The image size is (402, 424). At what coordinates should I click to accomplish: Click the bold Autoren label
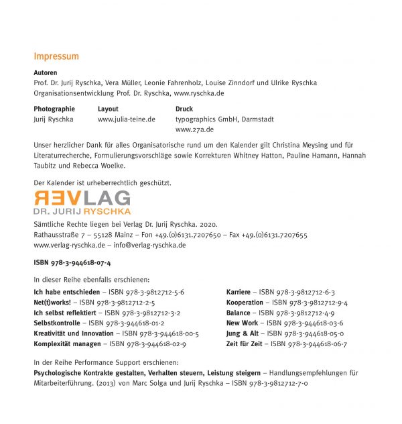[45, 72]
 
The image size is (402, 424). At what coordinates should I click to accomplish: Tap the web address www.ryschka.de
[199, 93]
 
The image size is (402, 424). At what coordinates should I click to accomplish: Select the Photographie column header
[54, 109]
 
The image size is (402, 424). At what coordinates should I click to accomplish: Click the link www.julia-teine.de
[127, 119]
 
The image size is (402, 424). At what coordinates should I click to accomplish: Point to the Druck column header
[184, 109]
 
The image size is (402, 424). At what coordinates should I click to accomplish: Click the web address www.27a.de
[195, 129]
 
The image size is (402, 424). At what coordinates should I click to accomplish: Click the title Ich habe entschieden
[66, 293]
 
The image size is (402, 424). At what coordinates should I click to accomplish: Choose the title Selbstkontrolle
[58, 323]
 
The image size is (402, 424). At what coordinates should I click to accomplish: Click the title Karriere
[239, 293]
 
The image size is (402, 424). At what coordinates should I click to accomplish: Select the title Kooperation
[245, 303]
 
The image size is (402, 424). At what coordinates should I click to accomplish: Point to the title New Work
[242, 323]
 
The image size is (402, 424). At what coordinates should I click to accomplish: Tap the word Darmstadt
[255, 119]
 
